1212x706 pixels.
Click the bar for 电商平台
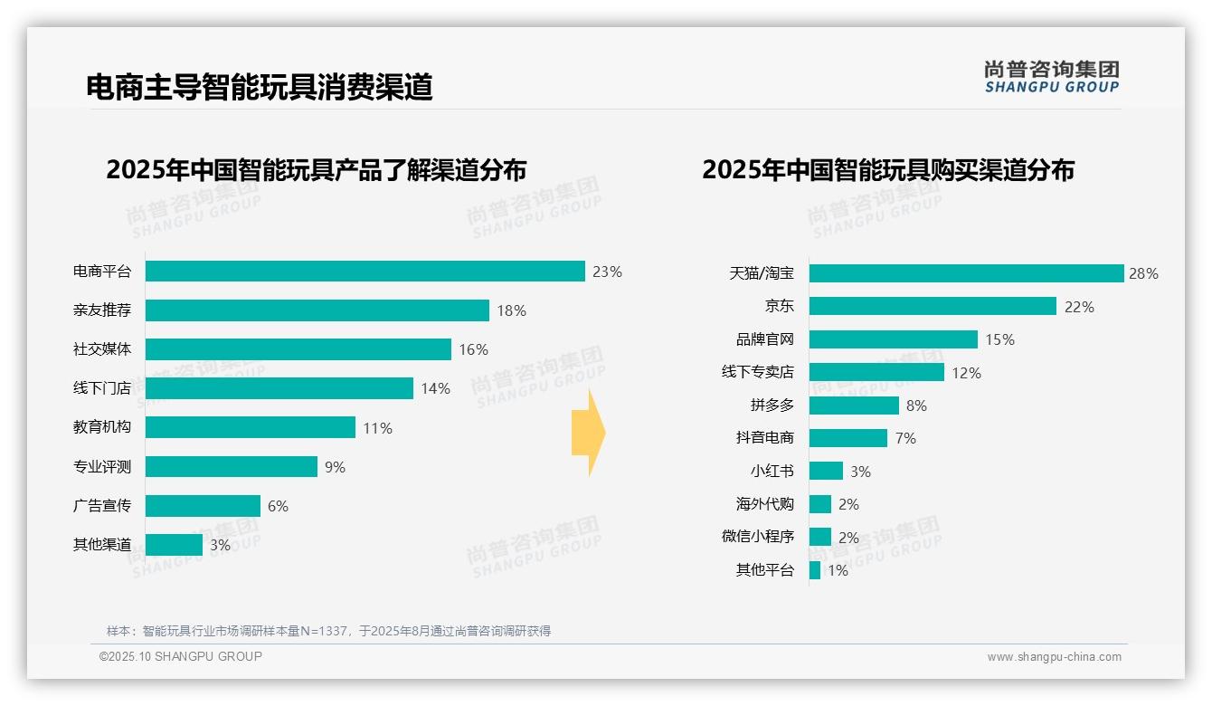[x=365, y=272]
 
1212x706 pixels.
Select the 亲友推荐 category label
[x=102, y=310]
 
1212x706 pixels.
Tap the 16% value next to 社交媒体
[x=473, y=349]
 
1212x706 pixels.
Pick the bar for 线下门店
[x=279, y=388]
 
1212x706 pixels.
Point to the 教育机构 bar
[x=250, y=427]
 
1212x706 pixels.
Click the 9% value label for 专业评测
[x=335, y=467]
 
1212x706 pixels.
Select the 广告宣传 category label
[x=102, y=506]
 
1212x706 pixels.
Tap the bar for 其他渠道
[x=174, y=545]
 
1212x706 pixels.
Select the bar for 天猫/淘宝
[x=966, y=273]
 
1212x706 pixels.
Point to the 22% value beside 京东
[x=1079, y=307]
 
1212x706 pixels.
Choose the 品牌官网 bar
[x=893, y=339]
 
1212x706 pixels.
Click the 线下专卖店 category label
[x=757, y=372]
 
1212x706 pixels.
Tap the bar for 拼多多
[x=854, y=405]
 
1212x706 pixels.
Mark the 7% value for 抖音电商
[x=905, y=438]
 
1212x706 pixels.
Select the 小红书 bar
[x=826, y=472]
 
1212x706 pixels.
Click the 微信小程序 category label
[x=757, y=537]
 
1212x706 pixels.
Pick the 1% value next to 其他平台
[x=838, y=570]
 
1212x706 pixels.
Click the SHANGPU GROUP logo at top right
[x=1051, y=77]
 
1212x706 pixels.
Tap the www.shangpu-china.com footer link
[x=1054, y=657]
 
